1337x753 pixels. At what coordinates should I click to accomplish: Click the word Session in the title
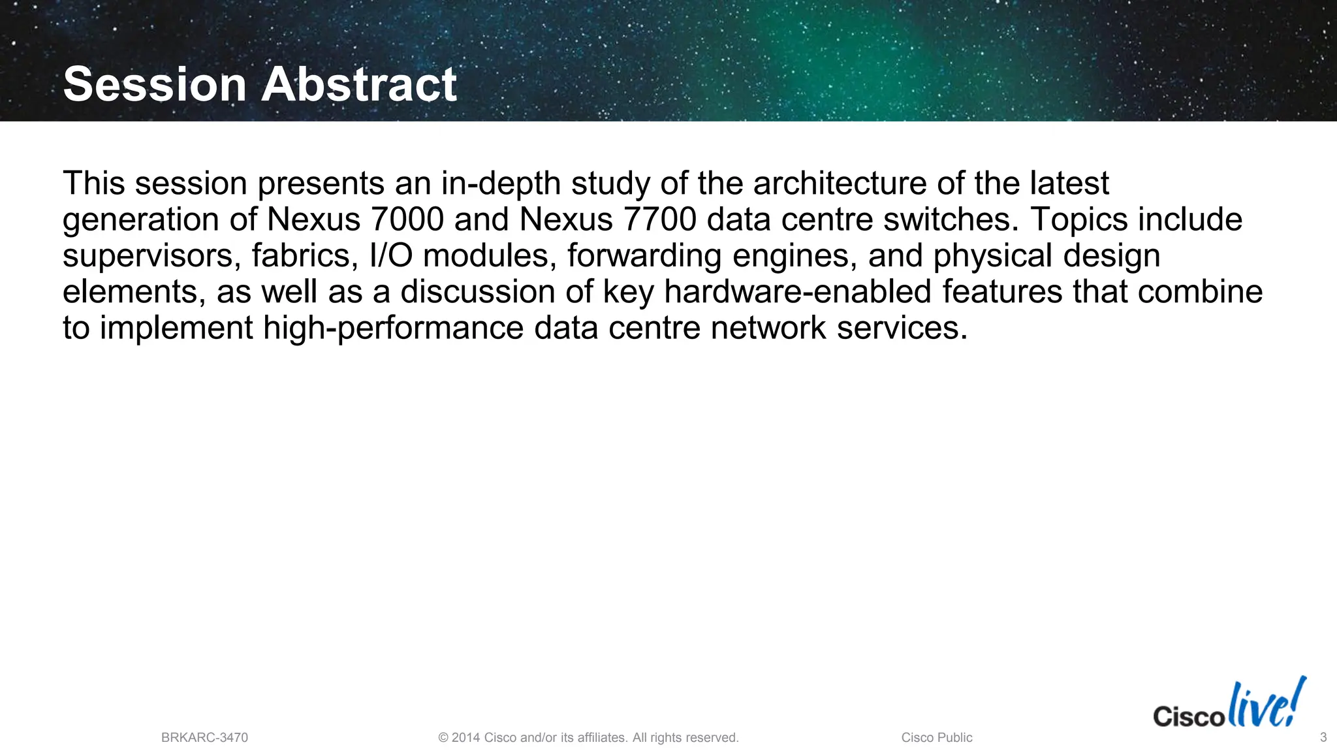pyautogui.click(x=155, y=84)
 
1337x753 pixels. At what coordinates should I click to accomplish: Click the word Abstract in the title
pyautogui.click(x=359, y=84)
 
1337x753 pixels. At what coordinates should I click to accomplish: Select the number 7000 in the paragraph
pyautogui.click(x=407, y=219)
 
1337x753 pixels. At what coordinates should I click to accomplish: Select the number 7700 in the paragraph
pyautogui.click(x=660, y=219)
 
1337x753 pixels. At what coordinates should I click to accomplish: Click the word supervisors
pyautogui.click(x=151, y=256)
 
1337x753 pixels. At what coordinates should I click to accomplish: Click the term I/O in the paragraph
pyautogui.click(x=390, y=256)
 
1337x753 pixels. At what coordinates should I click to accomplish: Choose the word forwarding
pyautogui.click(x=644, y=256)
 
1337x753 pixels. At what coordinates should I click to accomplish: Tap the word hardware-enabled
pyautogui.click(x=797, y=292)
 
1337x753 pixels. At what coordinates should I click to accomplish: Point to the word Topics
pyautogui.click(x=1078, y=219)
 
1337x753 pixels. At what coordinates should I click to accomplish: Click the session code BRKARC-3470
pyautogui.click(x=204, y=737)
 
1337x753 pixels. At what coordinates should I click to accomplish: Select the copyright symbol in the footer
pyautogui.click(x=443, y=738)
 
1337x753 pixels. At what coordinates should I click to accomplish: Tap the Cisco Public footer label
pyautogui.click(x=936, y=737)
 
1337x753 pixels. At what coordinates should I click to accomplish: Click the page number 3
pyautogui.click(x=1323, y=737)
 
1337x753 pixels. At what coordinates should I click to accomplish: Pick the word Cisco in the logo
pyautogui.click(x=1188, y=716)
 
